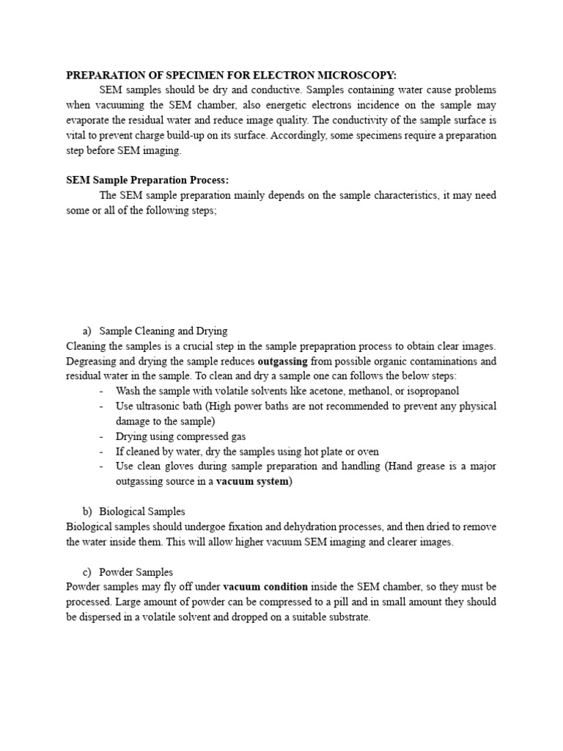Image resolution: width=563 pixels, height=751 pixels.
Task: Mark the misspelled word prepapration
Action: [318, 346]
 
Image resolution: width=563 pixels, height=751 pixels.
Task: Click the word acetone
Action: [337, 391]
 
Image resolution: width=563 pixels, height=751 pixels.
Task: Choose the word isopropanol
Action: [433, 391]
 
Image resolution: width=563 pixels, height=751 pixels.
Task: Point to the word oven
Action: [368, 451]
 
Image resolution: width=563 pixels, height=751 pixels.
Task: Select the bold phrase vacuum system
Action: [253, 481]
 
